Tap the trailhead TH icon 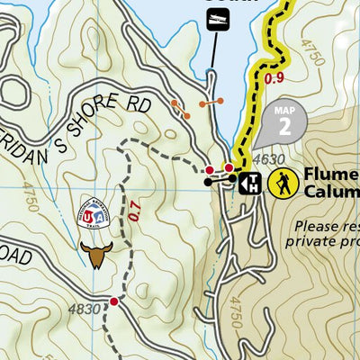pos(253,183)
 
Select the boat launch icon pos(215,19)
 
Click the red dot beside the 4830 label pos(113,301)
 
